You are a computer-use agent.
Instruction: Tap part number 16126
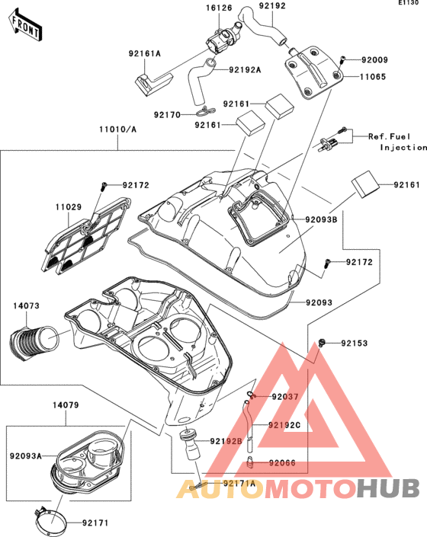[219, 8]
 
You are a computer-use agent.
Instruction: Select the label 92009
[375, 60]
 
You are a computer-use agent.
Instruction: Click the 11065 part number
[373, 77]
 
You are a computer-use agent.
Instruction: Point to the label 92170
[167, 115]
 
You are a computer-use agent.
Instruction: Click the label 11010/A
[118, 129]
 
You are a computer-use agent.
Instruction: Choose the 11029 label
[69, 207]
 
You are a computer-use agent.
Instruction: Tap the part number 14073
[27, 305]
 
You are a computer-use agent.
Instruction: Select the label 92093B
[322, 219]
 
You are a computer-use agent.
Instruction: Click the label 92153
[355, 344]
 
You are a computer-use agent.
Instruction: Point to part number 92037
[285, 397]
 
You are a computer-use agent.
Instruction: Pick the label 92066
[282, 463]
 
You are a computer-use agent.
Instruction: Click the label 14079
[66, 405]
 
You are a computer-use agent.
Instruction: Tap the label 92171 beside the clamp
[95, 523]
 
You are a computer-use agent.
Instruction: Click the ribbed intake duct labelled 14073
[34, 344]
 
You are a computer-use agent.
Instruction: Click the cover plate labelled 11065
[314, 72]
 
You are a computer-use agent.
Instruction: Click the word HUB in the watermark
[388, 488]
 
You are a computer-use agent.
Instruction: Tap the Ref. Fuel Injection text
[398, 142]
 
